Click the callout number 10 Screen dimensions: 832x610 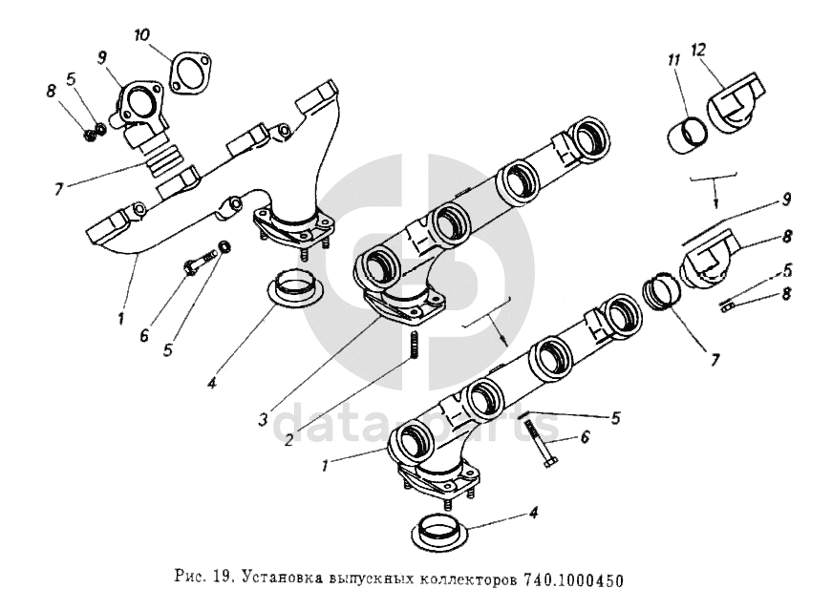141,35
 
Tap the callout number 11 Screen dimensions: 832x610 673,60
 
